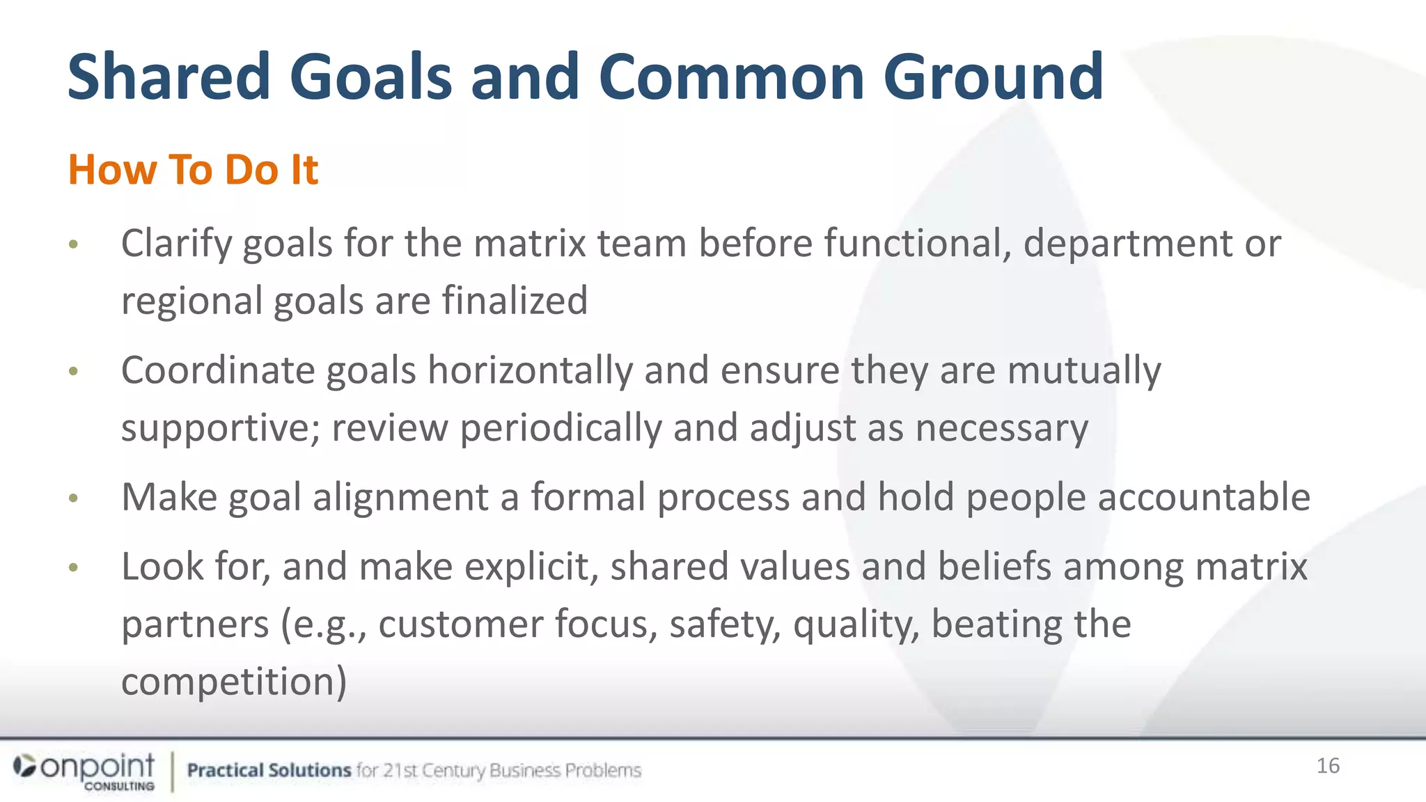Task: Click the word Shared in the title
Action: click(x=168, y=77)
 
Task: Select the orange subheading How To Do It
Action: click(x=193, y=169)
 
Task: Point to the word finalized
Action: click(x=515, y=301)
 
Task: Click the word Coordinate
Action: click(x=217, y=370)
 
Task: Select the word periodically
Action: click(x=561, y=428)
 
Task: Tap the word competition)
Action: click(x=234, y=682)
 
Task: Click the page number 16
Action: click(x=1328, y=766)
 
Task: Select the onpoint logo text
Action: click(x=97, y=766)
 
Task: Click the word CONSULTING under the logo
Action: click(x=120, y=786)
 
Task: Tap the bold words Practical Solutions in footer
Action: click(x=269, y=771)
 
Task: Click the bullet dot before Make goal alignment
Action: click(x=74, y=498)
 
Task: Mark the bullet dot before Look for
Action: click(x=74, y=568)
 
